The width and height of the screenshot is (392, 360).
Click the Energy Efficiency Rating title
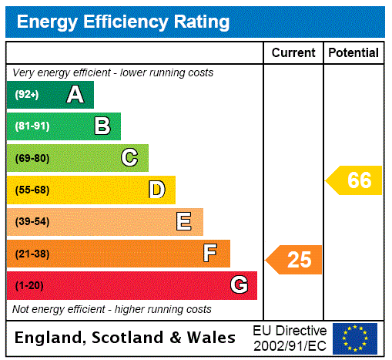coord(123,22)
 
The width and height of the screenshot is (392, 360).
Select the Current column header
coord(293,53)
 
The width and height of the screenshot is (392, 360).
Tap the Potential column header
coord(353,53)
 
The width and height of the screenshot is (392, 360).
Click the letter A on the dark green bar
coord(75,95)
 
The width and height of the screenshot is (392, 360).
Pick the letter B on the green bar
coord(102,126)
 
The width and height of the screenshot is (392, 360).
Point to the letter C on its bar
coord(129,158)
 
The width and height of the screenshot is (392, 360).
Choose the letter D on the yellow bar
coord(156,190)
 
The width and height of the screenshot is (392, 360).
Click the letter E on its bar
coord(184,222)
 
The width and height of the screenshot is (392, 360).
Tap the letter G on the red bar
coord(239,285)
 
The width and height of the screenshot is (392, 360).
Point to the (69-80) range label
coord(32,159)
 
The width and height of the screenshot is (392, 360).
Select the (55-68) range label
coord(32,190)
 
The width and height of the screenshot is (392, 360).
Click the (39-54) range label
coord(32,222)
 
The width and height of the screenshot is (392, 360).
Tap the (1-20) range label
coord(29,286)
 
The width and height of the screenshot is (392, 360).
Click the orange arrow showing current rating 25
coord(294,260)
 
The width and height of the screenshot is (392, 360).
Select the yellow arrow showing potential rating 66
coord(354,180)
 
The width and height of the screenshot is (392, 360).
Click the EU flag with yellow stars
coord(355,338)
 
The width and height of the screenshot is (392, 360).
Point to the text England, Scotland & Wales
coord(126,338)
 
